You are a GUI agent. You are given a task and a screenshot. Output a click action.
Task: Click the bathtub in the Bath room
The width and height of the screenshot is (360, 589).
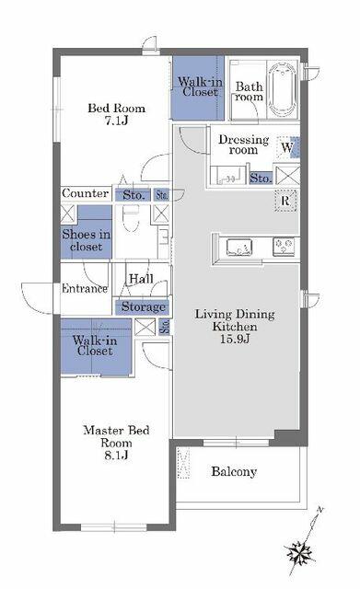(283, 90)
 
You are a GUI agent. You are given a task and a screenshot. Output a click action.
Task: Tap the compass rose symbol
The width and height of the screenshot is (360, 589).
(300, 553)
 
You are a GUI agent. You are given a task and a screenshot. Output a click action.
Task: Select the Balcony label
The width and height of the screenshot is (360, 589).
(234, 471)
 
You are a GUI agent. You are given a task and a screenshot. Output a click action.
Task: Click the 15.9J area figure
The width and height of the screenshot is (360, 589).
(235, 339)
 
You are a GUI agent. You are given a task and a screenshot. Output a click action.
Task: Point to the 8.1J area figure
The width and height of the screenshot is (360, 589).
(116, 456)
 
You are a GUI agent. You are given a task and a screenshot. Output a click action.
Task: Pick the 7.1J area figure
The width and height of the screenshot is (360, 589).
(116, 121)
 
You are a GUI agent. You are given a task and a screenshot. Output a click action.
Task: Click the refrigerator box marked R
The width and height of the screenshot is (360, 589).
(285, 201)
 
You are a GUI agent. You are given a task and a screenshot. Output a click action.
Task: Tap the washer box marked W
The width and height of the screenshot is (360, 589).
(288, 147)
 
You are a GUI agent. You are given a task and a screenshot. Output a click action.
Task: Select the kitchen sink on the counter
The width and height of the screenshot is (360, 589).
(239, 248)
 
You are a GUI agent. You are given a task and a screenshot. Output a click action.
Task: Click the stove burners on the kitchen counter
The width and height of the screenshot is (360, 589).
(284, 247)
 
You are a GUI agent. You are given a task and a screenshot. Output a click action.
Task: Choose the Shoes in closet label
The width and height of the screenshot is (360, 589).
(86, 240)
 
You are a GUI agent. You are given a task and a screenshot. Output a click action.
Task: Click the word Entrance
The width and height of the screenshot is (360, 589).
(85, 288)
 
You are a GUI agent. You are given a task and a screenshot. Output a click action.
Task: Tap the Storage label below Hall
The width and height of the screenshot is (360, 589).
(144, 306)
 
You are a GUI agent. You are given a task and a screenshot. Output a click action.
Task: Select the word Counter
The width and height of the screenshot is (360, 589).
(86, 193)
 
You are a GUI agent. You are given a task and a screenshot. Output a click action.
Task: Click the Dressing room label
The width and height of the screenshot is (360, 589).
(243, 144)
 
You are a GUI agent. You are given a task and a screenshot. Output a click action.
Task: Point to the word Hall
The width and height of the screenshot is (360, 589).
(141, 279)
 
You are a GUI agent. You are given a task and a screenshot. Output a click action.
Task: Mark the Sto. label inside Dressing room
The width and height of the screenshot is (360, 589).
(261, 178)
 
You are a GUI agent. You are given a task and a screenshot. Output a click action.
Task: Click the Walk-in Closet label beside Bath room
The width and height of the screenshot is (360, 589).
(200, 87)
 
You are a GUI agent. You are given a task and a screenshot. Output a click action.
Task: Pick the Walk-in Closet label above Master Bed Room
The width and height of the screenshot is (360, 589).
(95, 346)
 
